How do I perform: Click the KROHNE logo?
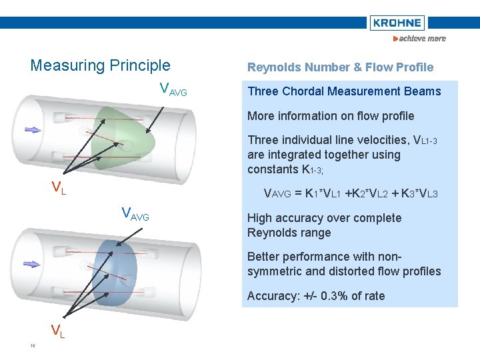point(397,23)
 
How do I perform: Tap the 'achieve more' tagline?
point(420,39)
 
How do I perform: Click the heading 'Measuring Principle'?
point(100,65)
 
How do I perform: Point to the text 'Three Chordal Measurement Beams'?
point(344,91)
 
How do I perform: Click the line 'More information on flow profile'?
point(331,116)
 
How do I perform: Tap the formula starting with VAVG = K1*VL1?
point(351,194)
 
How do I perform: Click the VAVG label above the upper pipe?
point(173,89)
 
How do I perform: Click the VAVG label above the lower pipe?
point(135,215)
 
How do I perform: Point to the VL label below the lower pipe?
point(58,330)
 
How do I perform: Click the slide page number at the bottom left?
point(32,345)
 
